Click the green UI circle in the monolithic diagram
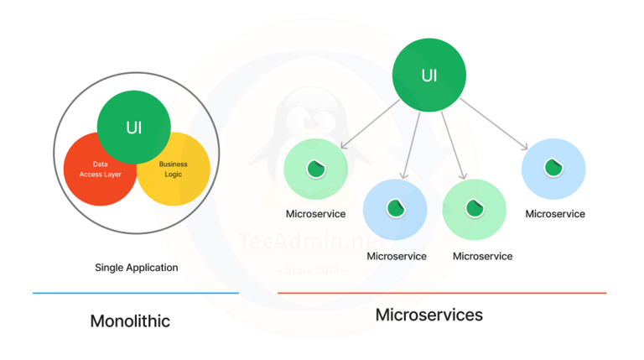134,127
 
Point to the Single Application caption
136,268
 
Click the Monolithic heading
130,321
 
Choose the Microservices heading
429,315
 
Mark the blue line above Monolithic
135,293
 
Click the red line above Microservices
441,293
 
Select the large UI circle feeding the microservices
429,76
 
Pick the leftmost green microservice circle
315,170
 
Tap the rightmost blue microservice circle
553,169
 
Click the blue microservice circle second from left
395,209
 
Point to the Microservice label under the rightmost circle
555,214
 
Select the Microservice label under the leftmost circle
315,214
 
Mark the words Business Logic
174,170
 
